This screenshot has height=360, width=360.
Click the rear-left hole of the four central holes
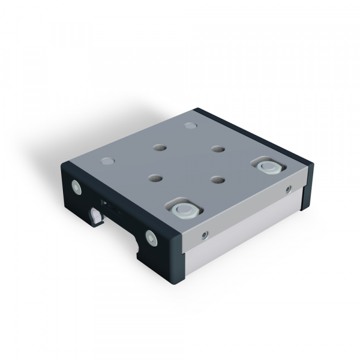pyautogui.click(x=160, y=147)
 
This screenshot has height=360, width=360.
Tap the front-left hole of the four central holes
pyautogui.click(x=155, y=178)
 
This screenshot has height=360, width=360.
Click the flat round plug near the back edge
pyautogui.click(x=191, y=126)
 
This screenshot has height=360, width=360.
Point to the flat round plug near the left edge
pyautogui.click(x=108, y=161)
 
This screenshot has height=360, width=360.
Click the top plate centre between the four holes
pyautogui.click(x=186, y=164)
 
